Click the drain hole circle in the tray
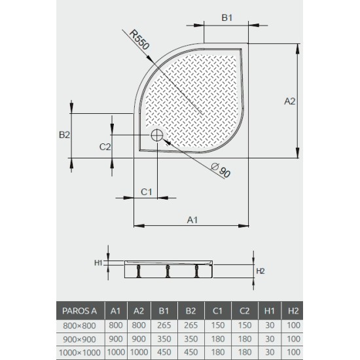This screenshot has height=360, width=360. (x=157, y=135)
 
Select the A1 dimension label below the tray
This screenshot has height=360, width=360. (x=192, y=219)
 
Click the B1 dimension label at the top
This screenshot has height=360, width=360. (x=226, y=18)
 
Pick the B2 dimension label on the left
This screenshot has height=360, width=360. (x=64, y=135)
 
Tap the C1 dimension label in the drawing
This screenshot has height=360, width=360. (x=147, y=191)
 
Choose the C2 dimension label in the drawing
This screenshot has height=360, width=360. (x=105, y=147)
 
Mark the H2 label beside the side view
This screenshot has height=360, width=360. (x=260, y=270)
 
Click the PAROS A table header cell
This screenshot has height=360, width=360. (x=80, y=310)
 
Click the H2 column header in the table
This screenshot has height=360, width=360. (x=294, y=310)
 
